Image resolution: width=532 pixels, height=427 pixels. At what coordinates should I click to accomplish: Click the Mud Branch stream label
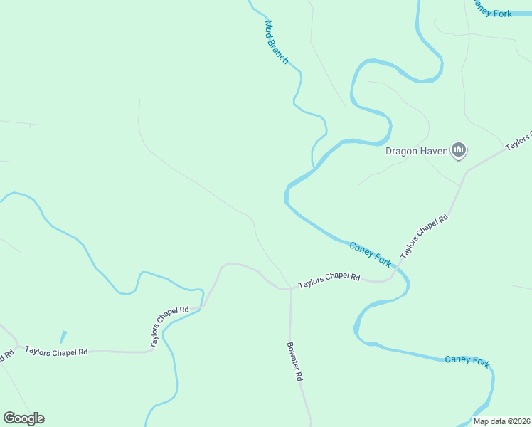coord(276,43)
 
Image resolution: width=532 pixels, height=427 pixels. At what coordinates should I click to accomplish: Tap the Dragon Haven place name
coord(417,151)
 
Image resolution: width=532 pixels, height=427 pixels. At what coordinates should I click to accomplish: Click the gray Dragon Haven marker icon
coord(459,150)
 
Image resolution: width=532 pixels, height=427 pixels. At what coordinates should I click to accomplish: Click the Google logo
coord(23,418)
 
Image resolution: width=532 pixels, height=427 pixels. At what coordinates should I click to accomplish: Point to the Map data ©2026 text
coord(501,421)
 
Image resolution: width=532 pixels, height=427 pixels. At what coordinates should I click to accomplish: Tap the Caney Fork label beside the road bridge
coord(370,254)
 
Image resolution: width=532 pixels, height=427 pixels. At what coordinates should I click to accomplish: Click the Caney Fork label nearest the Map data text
coord(467,360)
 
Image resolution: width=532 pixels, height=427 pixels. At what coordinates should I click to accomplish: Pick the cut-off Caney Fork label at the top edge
coord(492,11)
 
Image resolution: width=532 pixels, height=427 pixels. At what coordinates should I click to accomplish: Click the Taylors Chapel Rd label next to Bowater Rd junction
coord(329,280)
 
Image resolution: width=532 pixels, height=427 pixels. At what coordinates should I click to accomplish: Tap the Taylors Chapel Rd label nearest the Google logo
coord(56,351)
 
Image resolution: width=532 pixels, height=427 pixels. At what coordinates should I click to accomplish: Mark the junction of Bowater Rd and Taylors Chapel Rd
coord(290,289)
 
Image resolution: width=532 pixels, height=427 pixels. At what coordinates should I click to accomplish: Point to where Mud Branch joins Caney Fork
coord(314,169)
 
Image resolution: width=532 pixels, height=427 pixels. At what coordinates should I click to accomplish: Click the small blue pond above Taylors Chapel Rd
coord(63,337)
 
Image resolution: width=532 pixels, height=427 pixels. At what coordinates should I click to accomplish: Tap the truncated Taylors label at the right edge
coord(519,139)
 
